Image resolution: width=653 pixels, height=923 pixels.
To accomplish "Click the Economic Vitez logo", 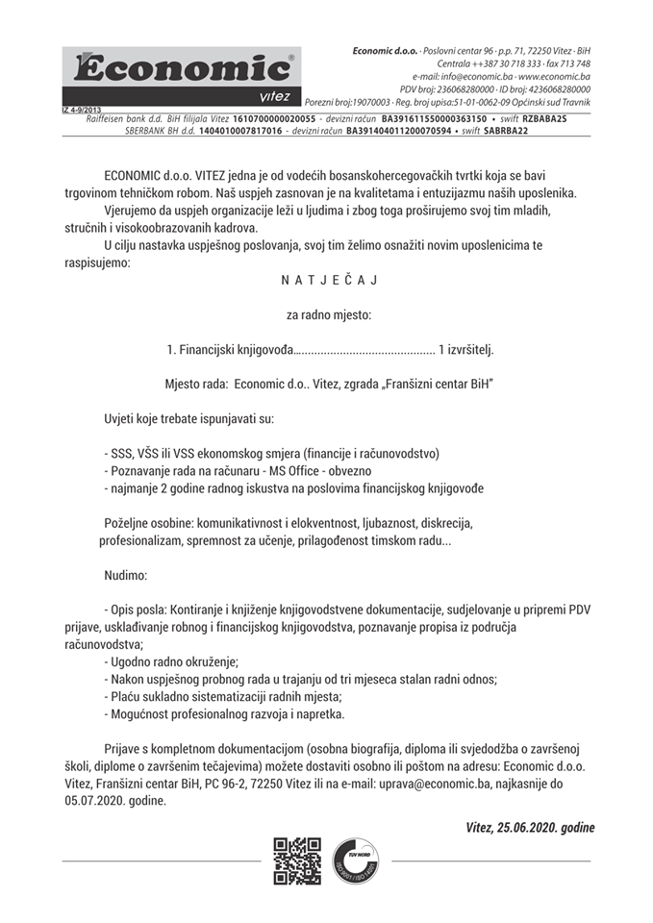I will coord(181,76).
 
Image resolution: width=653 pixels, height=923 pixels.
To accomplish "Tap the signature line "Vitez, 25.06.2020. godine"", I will coord(529,827).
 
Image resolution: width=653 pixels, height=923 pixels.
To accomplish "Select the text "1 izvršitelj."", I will coord(465,349).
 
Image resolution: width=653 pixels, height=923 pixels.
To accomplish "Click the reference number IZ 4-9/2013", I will coord(83,110).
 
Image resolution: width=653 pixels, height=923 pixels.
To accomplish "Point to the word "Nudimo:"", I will coord(126,575).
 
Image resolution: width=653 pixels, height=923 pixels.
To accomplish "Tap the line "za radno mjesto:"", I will coord(328,314).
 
